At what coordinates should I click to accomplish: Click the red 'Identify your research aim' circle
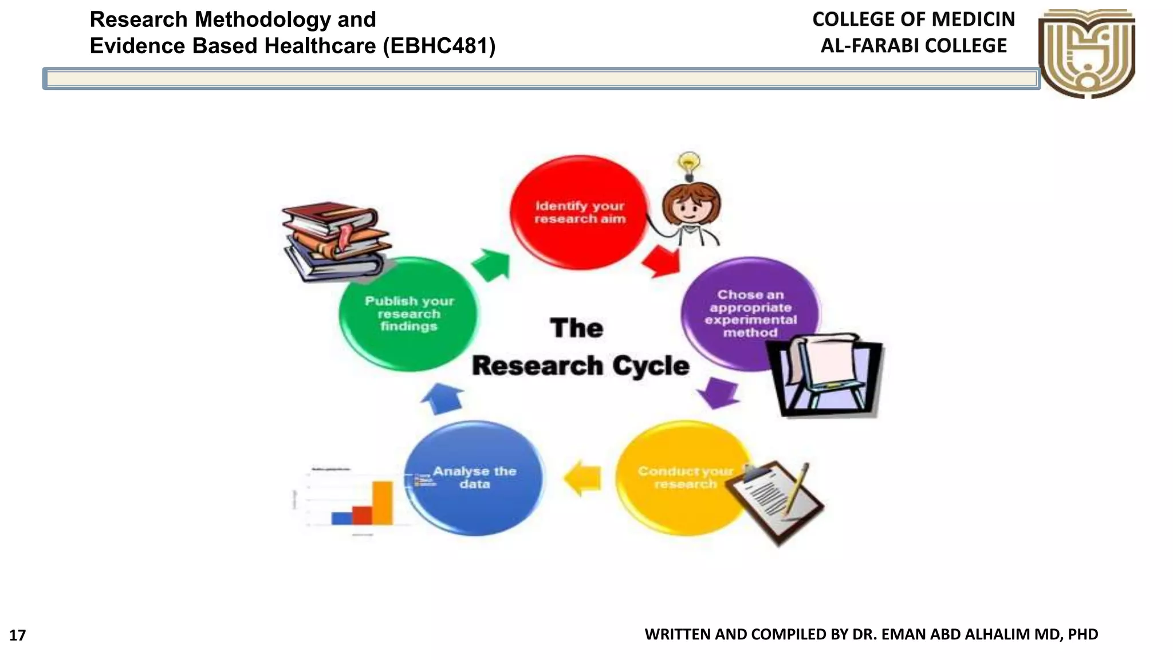pos(578,212)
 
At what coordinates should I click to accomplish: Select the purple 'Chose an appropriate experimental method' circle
pos(745,304)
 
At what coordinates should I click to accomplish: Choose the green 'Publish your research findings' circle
pos(408,314)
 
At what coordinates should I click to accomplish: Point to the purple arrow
pos(718,392)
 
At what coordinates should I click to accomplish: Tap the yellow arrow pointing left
pos(583,478)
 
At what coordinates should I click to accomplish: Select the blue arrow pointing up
pos(442,399)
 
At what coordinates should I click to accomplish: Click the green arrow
pos(491,265)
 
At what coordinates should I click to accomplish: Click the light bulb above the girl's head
pos(688,163)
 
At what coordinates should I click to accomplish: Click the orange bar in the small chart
pos(383,502)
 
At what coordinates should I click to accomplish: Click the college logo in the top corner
pos(1087,53)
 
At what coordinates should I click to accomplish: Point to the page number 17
pos(18,635)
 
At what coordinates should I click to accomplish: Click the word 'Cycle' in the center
pos(651,366)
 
